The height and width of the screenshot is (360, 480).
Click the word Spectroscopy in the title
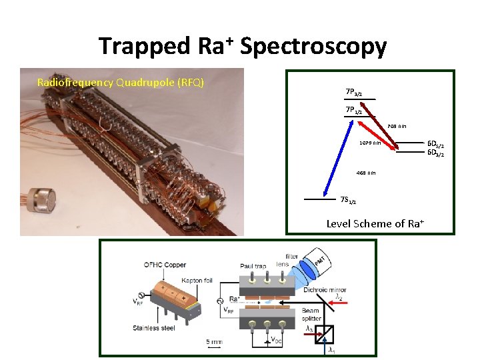(x=313, y=47)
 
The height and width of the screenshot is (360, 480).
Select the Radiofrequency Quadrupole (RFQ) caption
(x=121, y=83)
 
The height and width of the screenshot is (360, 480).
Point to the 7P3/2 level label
(x=354, y=93)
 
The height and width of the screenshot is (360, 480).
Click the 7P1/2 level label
(x=354, y=110)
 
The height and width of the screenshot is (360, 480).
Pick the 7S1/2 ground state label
(x=348, y=200)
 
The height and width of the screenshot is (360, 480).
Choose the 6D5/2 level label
(x=436, y=144)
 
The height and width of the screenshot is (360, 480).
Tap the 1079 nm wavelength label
(x=369, y=143)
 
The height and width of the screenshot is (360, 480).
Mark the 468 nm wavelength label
(x=365, y=173)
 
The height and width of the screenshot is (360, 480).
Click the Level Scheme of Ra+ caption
(x=375, y=223)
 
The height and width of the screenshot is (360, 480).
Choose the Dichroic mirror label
(x=324, y=290)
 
